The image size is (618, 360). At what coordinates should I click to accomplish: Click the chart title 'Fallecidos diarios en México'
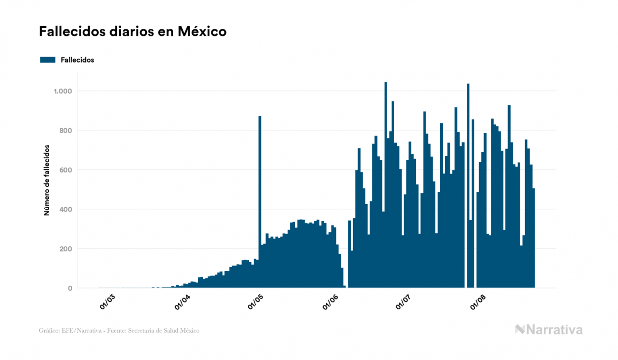133,32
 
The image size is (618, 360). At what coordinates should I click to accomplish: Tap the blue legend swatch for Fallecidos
48,60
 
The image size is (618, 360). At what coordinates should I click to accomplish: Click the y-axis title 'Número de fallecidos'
46,180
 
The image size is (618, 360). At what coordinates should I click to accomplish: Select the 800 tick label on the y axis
65,131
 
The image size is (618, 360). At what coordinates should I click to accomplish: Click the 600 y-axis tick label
65,170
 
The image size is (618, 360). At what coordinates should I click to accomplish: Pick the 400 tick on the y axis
65,209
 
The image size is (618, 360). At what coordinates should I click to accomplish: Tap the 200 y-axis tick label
65,249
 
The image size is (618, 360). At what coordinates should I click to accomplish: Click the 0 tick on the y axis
69,288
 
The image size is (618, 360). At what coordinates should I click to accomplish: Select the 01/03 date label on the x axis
107,302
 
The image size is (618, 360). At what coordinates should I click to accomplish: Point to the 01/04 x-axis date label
182,302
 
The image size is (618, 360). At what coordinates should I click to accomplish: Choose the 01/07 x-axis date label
403,302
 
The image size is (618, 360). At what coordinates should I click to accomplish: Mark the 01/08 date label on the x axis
478,302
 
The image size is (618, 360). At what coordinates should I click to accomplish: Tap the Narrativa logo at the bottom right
549,330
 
